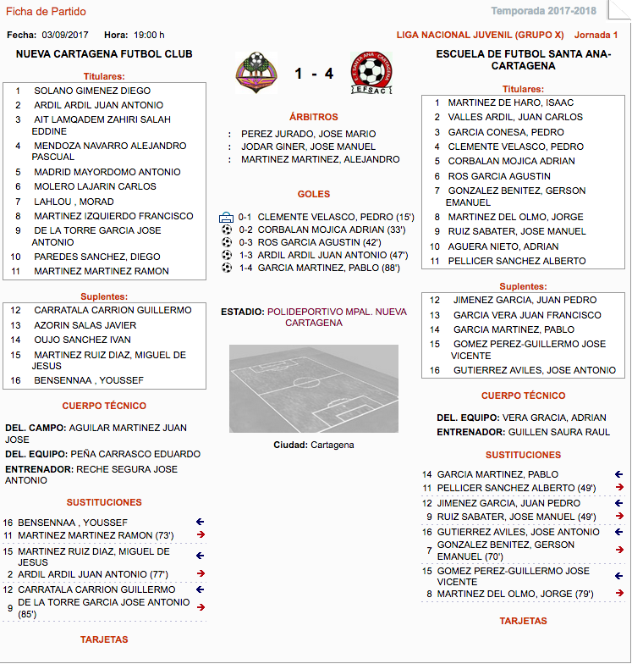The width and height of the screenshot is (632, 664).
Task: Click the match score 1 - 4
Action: coord(314,74)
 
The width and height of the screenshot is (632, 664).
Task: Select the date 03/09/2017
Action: coord(65,35)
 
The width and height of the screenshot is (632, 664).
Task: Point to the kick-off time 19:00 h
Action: coord(149,35)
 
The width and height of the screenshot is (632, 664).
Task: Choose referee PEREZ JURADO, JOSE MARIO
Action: coord(308,134)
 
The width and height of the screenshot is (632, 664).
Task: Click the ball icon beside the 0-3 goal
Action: coord(226,242)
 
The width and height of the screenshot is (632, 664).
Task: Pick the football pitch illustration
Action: coord(313,388)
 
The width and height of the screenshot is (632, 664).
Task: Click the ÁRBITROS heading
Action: coord(313,117)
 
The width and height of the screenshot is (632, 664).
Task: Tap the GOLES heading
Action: coord(314,194)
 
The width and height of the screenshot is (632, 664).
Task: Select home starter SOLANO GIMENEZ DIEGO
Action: coord(92,91)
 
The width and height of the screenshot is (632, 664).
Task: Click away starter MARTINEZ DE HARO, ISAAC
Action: coord(510,102)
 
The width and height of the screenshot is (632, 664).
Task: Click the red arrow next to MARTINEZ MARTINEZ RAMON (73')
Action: coord(201,535)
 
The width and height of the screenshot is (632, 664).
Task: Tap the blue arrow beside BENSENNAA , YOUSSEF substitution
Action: coord(201,523)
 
